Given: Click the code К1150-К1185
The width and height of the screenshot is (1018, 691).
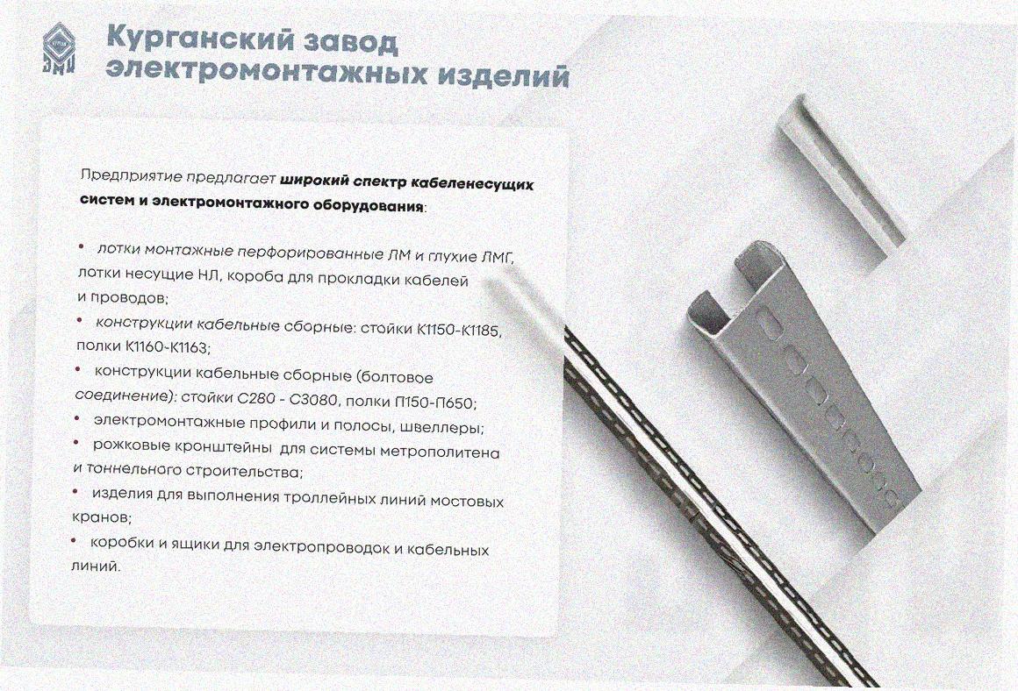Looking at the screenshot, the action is click(x=458, y=330).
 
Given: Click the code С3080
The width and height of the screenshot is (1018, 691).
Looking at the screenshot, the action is click(x=314, y=400).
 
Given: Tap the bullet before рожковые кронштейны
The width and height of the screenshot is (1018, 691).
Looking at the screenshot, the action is click(x=76, y=443).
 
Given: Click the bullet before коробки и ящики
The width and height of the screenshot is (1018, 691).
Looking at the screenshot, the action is click(x=73, y=539).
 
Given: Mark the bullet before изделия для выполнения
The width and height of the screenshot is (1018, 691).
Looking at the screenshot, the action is click(x=75, y=490).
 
